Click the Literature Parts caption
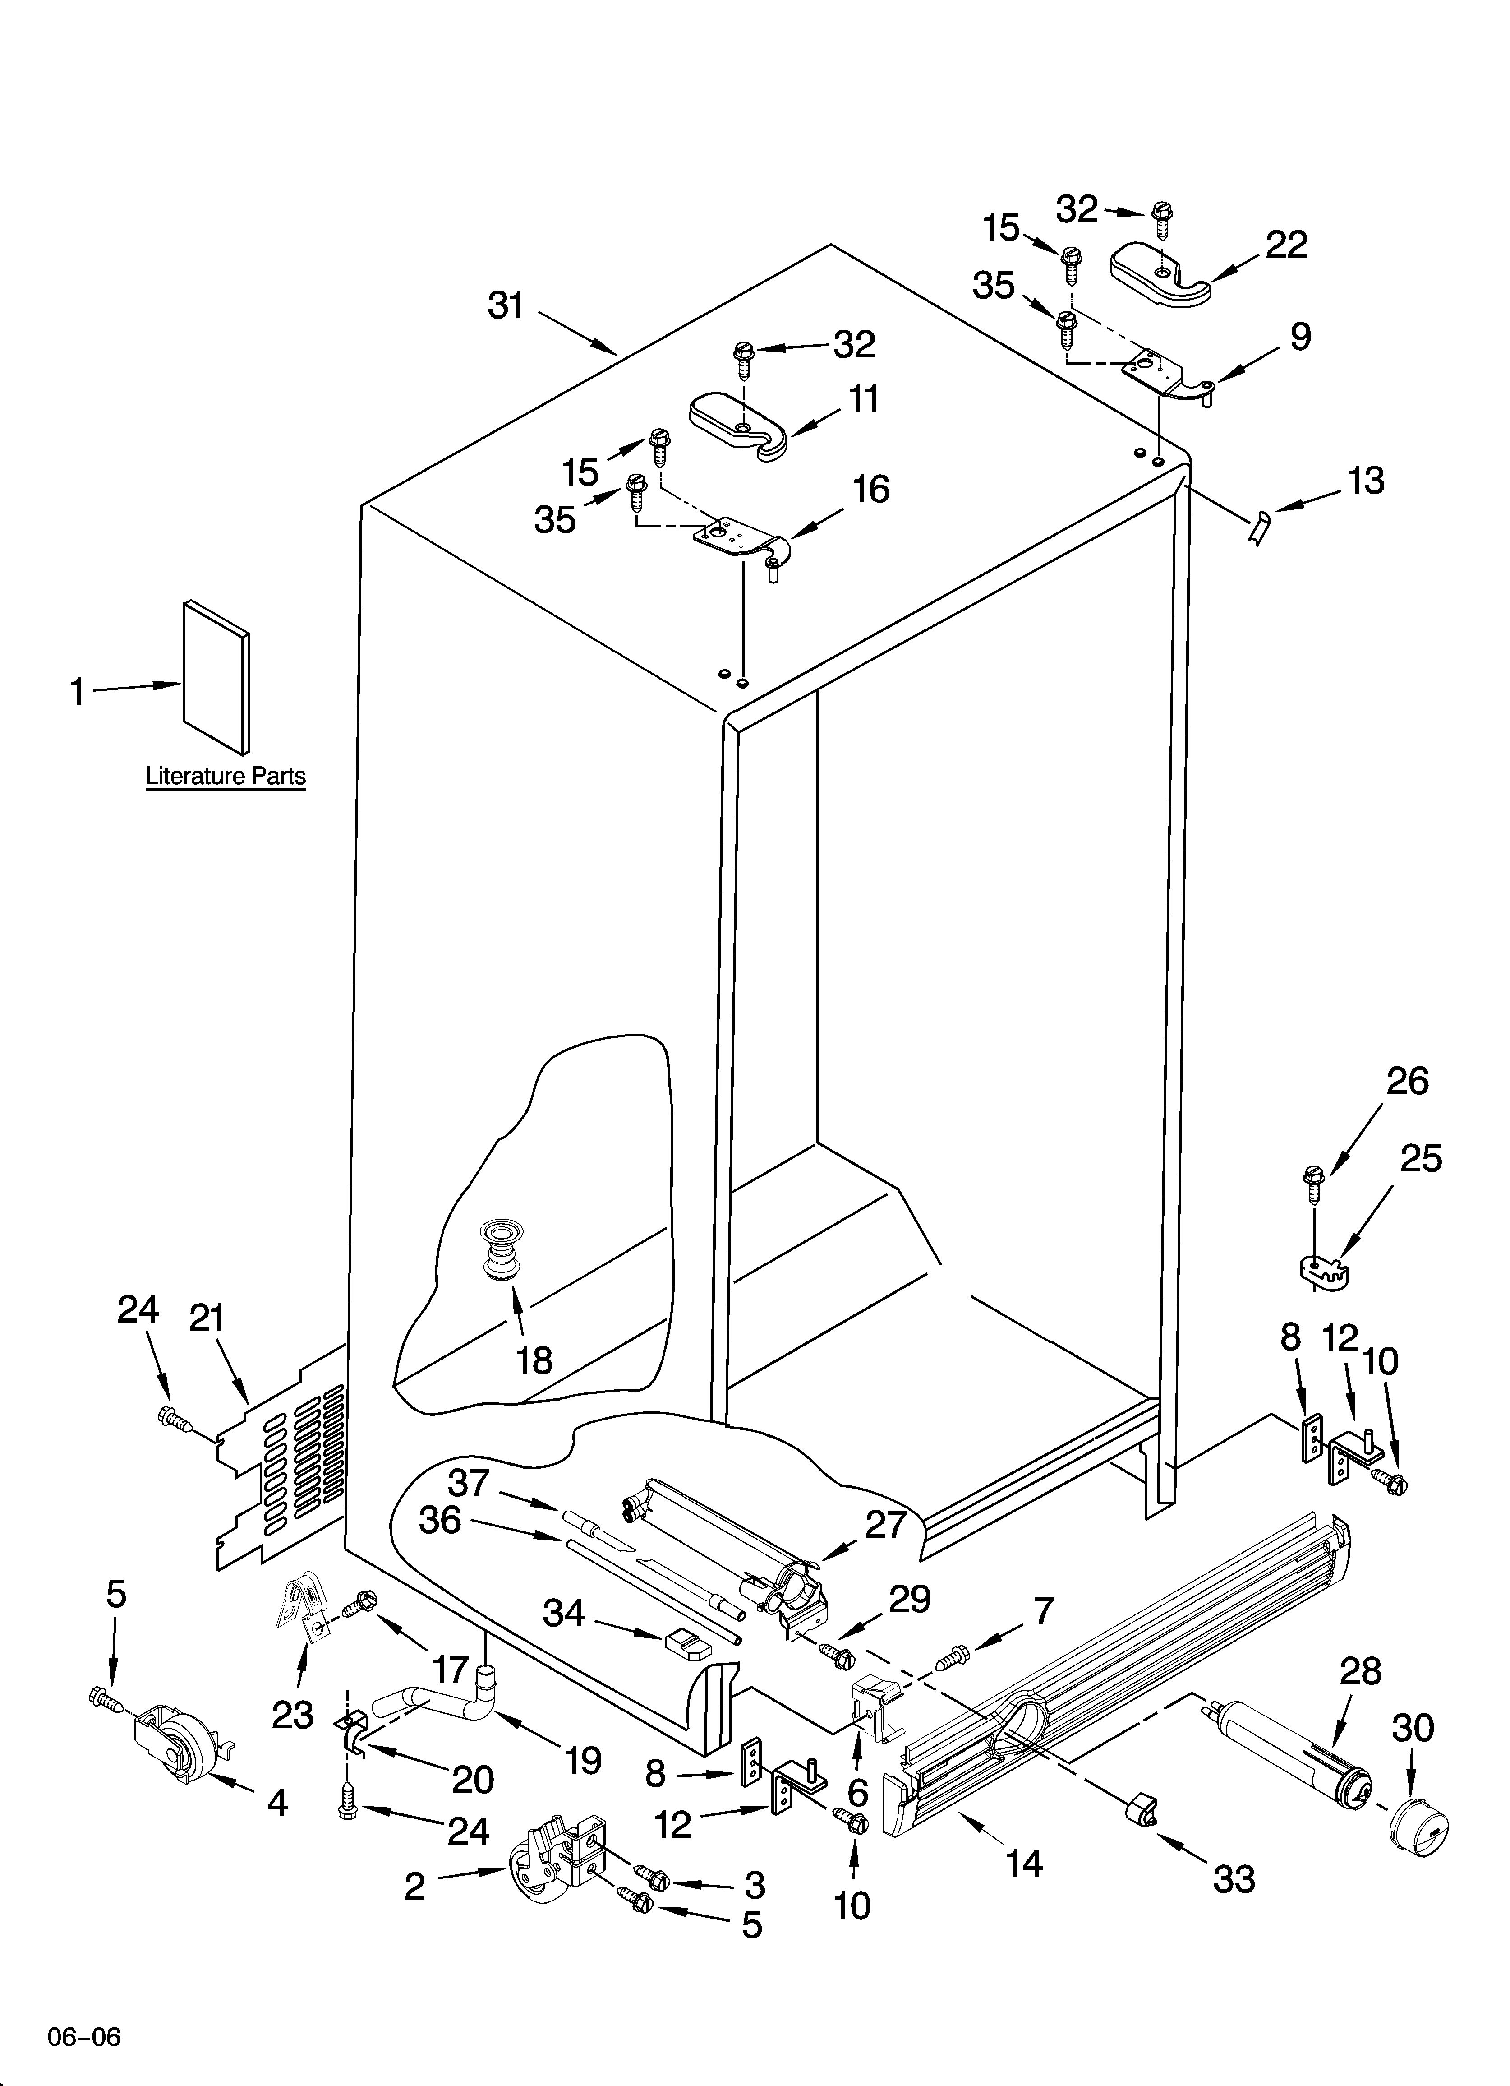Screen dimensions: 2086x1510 (x=226, y=776)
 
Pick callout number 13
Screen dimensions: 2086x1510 (x=1367, y=480)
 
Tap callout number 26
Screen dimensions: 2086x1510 (x=1407, y=1082)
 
